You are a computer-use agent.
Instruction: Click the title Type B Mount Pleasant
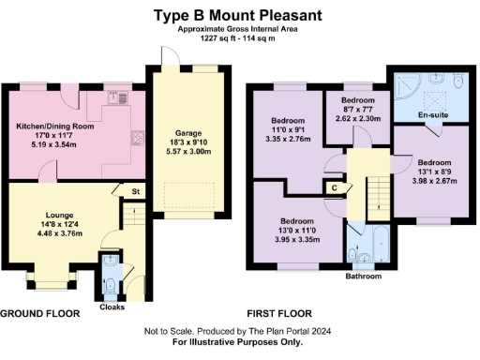[240, 15]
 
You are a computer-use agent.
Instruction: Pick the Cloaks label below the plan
[112, 306]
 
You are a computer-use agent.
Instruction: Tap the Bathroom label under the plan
[363, 277]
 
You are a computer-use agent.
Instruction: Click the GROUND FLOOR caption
[37, 313]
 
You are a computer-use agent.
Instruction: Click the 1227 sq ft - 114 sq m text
[240, 38]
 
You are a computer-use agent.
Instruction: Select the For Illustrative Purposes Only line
[238, 343]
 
